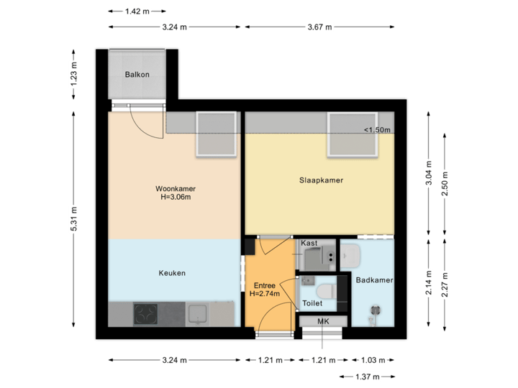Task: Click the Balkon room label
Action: [137, 75]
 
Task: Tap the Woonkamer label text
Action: [176, 189]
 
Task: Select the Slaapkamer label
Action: [321, 180]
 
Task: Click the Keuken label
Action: [172, 273]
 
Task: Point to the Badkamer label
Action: [374, 280]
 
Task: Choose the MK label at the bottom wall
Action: [323, 321]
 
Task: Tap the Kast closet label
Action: [309, 244]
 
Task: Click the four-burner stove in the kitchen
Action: [147, 314]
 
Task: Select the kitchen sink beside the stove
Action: [196, 314]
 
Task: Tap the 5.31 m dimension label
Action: [73, 218]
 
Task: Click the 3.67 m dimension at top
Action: [319, 27]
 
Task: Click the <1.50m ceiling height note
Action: [377, 130]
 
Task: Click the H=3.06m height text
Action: [176, 198]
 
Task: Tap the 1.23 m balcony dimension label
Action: [73, 75]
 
